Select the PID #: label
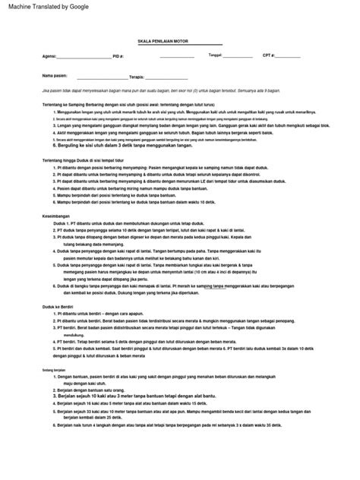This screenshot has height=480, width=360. pos(118,56)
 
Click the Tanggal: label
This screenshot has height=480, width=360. pos(215,55)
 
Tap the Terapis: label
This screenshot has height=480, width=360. pos(137,77)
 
